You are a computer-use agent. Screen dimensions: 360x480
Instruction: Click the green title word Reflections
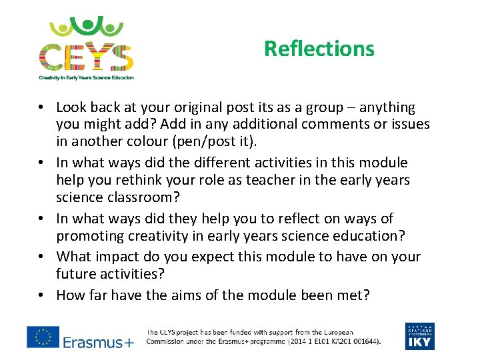[319, 49]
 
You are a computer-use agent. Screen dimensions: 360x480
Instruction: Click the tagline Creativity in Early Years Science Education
[86, 77]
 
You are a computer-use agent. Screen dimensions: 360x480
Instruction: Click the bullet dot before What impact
[41, 257]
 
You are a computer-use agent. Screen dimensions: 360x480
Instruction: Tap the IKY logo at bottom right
[419, 336]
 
